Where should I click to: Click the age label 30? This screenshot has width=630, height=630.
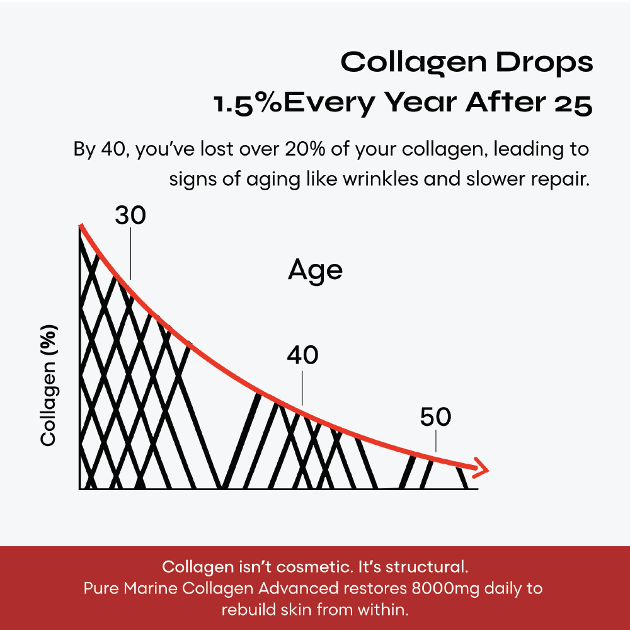130,216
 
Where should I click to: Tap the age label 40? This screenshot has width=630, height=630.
302,357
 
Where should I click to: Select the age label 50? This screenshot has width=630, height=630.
436,418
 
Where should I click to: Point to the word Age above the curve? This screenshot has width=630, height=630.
315,271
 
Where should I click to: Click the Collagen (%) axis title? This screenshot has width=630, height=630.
49,386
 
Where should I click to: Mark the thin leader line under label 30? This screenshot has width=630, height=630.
130,252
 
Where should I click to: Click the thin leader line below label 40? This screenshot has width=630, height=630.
302,388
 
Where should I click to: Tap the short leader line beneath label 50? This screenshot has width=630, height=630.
436,441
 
